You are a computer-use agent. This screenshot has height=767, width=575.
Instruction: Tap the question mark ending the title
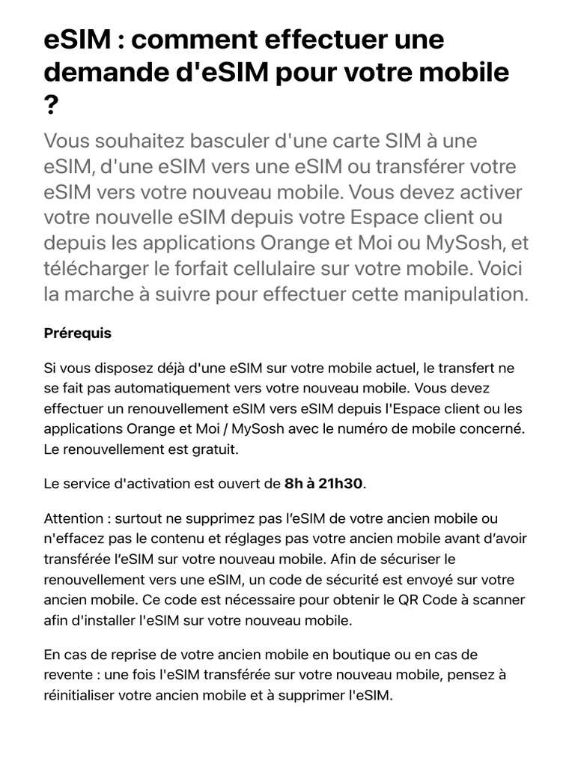(51, 106)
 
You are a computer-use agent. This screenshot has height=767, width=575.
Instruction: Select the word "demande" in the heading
(111, 73)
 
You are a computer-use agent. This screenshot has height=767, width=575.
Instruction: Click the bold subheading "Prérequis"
(78, 333)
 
